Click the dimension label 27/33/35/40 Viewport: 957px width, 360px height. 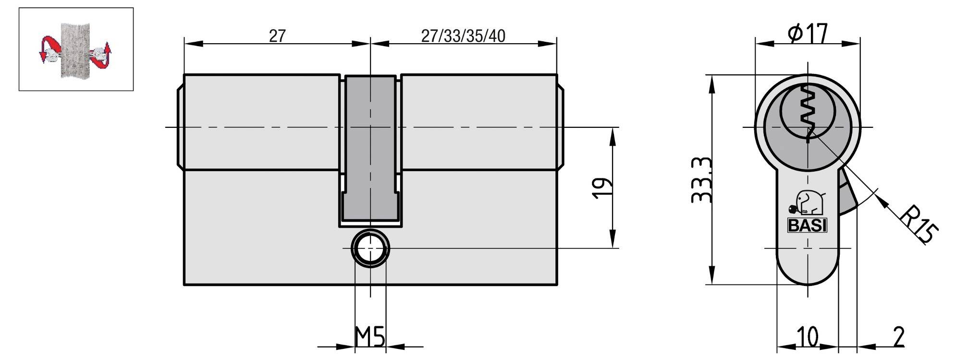click(x=463, y=36)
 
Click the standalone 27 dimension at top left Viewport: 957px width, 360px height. click(x=277, y=36)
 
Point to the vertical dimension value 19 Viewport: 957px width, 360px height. click(x=601, y=188)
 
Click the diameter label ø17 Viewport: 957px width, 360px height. click(x=808, y=34)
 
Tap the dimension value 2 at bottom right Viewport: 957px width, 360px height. click(x=897, y=337)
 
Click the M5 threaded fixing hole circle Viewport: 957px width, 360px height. click(x=370, y=248)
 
